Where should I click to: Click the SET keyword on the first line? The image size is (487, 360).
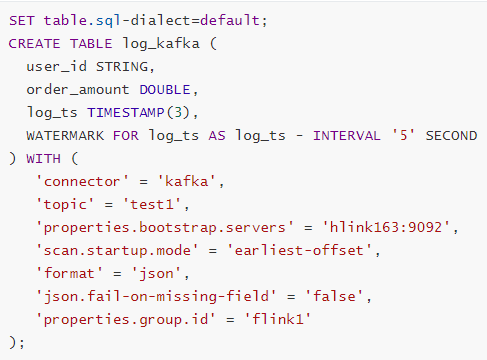tap(22, 21)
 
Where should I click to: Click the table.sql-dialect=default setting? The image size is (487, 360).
tap(140, 21)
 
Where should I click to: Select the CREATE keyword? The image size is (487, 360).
tap(35, 43)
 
